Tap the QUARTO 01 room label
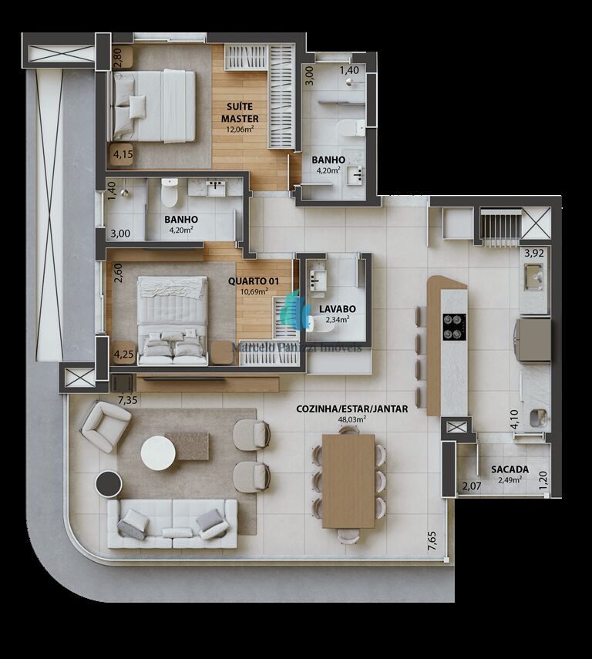[247, 281]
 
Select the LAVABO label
[336, 309]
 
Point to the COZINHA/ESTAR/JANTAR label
[351, 409]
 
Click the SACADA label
[510, 469]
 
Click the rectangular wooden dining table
[348, 481]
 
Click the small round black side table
[109, 486]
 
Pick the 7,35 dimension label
[128, 400]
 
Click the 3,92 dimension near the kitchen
[534, 252]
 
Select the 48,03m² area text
[351, 420]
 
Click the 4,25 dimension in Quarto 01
[123, 355]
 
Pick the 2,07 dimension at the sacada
[471, 486]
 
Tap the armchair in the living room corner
[106, 426]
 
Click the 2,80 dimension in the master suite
[118, 59]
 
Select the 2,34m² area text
[336, 319]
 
